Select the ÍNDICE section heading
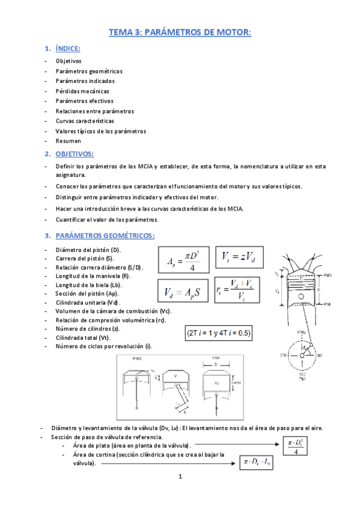pos(67,49)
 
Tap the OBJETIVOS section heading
pos(74,154)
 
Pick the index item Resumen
pos(68,141)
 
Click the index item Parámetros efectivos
pos(84,101)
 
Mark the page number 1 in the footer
pos(179,494)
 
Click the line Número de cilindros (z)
pos(88,328)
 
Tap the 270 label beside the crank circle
pos(278,355)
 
